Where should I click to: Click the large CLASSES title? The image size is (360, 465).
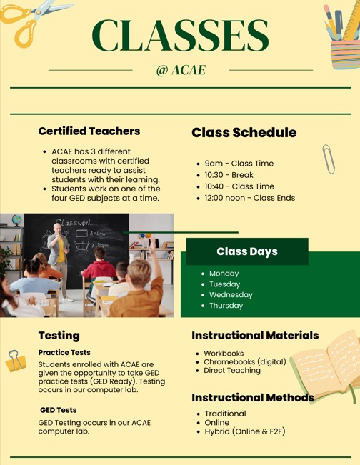[180, 34]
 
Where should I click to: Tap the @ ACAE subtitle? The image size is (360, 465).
[180, 70]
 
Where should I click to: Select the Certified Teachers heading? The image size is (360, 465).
[89, 131]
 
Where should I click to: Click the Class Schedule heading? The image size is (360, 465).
[244, 133]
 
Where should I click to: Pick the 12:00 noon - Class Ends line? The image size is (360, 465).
[249, 198]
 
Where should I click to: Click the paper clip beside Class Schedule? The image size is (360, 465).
[329, 158]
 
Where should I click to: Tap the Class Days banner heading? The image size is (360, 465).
[246, 251]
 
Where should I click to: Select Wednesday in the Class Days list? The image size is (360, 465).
[231, 295]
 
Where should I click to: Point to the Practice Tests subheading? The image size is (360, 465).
[64, 352]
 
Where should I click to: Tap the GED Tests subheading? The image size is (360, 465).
[59, 410]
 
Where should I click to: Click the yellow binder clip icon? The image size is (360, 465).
[16, 361]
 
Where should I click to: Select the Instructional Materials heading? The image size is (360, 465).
[255, 335]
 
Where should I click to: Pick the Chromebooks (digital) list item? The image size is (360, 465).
[244, 361]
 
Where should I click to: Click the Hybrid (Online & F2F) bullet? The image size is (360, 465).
[244, 431]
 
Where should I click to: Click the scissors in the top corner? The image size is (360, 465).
[29, 18]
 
